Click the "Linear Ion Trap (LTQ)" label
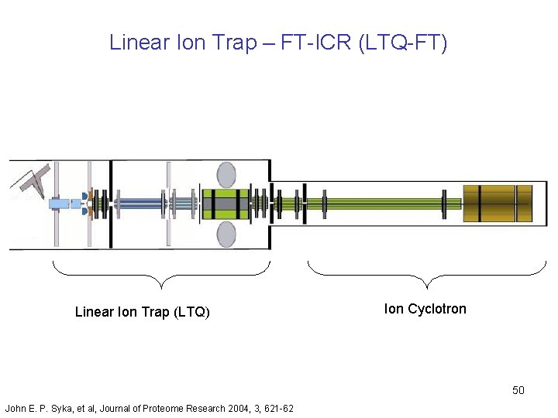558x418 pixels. tap(143, 313)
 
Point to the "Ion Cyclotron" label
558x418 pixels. tap(425, 309)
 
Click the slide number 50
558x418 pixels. tap(518, 390)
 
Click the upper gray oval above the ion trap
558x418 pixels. tap(227, 174)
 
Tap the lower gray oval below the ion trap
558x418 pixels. tap(227, 232)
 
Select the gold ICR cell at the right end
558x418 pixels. tap(498, 204)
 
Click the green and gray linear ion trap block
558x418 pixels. tap(225, 204)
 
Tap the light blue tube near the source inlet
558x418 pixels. tap(60, 204)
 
